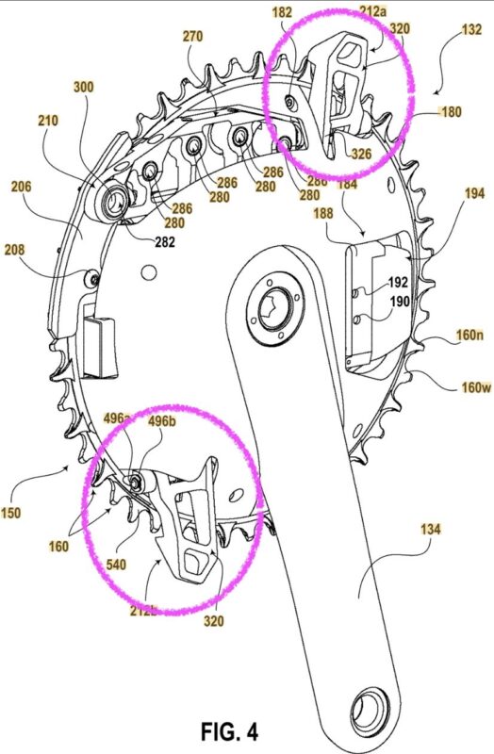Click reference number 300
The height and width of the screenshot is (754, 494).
coord(84,86)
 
